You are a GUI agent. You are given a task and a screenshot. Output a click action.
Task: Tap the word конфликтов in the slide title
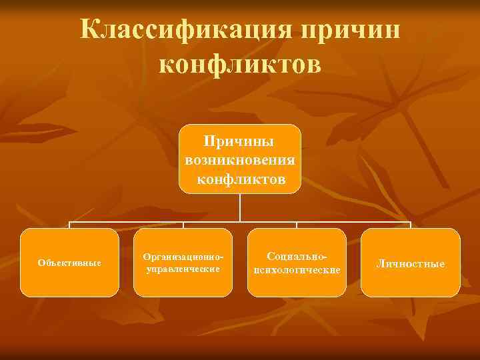click(x=241, y=65)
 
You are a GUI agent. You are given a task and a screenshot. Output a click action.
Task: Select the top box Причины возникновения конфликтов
click(x=240, y=159)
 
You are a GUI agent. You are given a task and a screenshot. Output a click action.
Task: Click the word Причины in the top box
click(x=240, y=141)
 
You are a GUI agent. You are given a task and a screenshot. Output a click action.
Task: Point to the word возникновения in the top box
click(x=240, y=161)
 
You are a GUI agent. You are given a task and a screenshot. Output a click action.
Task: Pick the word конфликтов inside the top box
click(x=241, y=180)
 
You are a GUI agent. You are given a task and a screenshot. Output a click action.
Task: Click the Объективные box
click(x=69, y=263)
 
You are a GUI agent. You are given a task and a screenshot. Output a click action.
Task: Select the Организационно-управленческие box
click(x=183, y=263)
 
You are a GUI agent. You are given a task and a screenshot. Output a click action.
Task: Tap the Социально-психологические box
click(x=297, y=263)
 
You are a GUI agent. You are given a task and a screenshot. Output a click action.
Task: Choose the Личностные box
click(x=411, y=263)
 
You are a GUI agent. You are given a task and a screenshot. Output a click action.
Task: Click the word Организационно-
click(x=183, y=257)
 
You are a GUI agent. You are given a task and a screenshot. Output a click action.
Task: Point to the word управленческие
click(x=183, y=269)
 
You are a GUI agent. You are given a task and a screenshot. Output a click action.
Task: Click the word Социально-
click(x=297, y=256)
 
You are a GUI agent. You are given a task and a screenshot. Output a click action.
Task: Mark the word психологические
click(x=297, y=269)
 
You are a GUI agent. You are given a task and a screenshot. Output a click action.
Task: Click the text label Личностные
click(x=411, y=264)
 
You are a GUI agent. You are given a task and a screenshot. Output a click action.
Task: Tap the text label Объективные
click(x=69, y=263)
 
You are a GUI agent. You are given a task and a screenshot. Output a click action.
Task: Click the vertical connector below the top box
click(x=240, y=207)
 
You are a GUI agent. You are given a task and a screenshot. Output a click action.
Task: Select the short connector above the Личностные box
click(x=411, y=225)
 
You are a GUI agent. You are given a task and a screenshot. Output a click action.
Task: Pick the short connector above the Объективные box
click(x=69, y=225)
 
